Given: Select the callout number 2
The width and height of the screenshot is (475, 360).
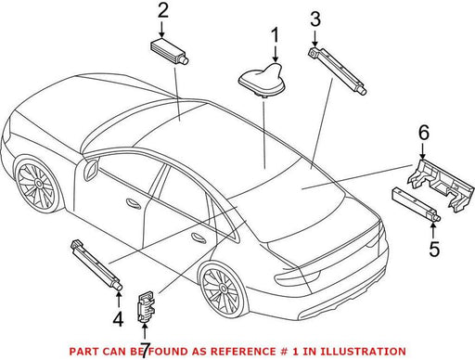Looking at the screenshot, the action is point(163,11).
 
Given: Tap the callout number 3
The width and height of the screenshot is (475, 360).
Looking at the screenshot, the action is point(315,19).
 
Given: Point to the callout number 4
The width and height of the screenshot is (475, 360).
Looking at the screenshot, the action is point(118,319).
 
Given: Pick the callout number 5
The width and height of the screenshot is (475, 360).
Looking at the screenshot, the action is point(434,249).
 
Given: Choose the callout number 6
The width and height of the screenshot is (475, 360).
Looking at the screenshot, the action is point(424,133).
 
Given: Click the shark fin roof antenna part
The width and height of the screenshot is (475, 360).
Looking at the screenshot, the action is point(262,81).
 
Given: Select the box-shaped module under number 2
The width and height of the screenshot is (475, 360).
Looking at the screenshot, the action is point(169,51).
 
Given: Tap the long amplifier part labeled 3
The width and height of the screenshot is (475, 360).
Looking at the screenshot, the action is point(338,70).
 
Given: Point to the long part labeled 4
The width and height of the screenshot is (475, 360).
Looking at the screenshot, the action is point(96,265).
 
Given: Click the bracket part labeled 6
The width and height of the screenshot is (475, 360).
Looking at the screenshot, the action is point(442,186).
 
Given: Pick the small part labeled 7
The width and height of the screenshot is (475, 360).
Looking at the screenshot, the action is point(146,306).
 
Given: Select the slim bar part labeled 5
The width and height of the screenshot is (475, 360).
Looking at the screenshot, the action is point(416,205).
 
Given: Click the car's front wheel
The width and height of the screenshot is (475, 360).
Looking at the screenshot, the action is point(35,185).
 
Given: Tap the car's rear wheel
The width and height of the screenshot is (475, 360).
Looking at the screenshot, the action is point(222,289).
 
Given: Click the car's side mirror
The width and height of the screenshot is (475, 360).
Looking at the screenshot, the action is point(91,169).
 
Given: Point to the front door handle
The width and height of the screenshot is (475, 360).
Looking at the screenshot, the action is point(134,203).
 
